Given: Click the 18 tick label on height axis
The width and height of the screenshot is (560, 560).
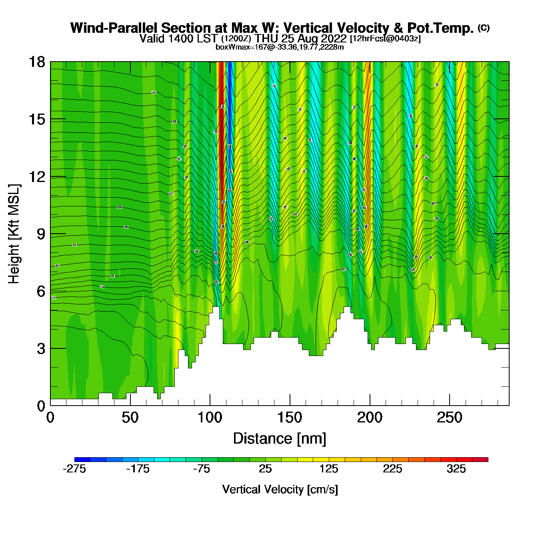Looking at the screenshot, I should point(36,62).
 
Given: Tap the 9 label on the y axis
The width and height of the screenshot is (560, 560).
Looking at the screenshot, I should point(41,234).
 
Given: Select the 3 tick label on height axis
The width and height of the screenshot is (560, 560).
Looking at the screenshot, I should point(41,349).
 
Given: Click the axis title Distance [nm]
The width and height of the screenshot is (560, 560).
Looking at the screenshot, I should point(280,439).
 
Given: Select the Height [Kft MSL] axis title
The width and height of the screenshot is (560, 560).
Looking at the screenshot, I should point(14,234).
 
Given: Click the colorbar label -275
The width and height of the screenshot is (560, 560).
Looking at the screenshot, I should point(74,469).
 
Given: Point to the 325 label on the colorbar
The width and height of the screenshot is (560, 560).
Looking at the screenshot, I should point(456,469).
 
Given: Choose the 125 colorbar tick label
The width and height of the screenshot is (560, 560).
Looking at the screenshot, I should point(329,469).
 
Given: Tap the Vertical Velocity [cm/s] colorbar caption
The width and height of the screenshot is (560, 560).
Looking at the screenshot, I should point(280,490).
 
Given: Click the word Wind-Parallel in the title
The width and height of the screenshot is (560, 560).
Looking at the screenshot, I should point(114,28).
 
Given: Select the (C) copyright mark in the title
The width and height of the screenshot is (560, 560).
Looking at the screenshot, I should point(483,28).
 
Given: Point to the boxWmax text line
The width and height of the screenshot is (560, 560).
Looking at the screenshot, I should point(280,47).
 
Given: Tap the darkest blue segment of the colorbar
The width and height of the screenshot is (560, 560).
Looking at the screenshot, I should point(82,459).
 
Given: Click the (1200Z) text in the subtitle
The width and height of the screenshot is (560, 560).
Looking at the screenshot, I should point(236,39).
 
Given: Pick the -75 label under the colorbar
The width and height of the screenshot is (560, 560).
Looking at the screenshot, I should point(201,469).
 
